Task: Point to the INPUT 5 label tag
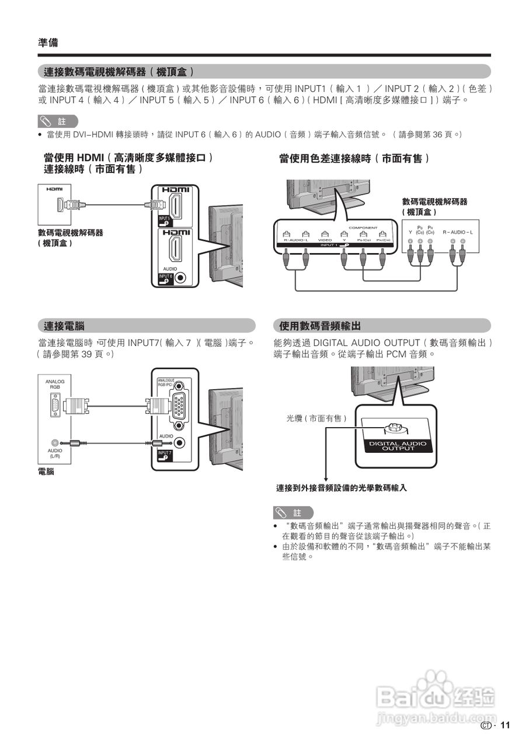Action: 165,220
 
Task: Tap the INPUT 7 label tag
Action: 165,455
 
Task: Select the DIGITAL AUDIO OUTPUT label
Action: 398,446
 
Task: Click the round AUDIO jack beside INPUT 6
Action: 181,278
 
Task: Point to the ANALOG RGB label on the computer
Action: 54,384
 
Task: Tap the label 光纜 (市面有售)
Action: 316,418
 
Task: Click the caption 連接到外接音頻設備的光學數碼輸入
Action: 341,487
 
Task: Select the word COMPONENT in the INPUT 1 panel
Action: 363,227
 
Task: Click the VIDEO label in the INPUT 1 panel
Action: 325,240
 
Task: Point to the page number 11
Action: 505,725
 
